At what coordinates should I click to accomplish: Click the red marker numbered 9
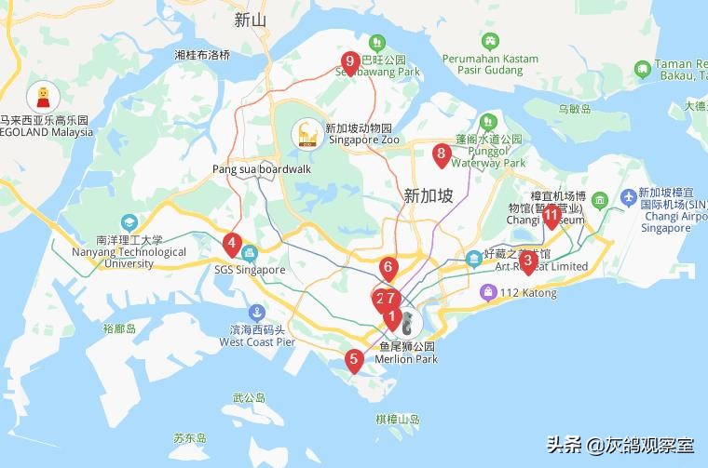coord(350,62)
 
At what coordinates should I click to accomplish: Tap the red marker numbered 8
coord(442,154)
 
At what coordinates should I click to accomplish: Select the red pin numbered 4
coord(231,245)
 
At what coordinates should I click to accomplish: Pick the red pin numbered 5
coord(353,359)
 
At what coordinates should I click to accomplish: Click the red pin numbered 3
coord(527,261)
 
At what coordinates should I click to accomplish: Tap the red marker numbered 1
coord(393,317)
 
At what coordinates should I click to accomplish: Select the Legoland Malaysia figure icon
coord(43,96)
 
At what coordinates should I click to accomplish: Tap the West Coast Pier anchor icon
coord(256,314)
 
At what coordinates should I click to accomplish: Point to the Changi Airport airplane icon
coord(627,199)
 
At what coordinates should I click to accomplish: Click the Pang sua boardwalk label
coord(260,169)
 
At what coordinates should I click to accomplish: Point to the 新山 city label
coord(251,20)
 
